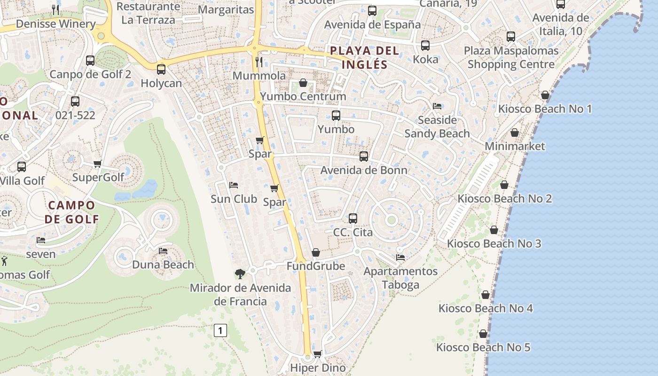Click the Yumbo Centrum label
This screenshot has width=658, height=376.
(x=303, y=96)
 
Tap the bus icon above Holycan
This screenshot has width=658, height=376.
(x=161, y=70)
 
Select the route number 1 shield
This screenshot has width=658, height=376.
(x=220, y=330)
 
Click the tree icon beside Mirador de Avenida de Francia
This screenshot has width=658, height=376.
(x=240, y=274)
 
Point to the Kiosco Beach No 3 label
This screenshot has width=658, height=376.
(x=493, y=243)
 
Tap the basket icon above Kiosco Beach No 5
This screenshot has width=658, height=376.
(x=483, y=334)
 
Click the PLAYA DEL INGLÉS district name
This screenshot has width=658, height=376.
(x=364, y=57)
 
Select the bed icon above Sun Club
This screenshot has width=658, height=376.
(x=233, y=185)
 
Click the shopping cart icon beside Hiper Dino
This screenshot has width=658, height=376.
(x=318, y=354)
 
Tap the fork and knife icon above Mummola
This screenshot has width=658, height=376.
(x=258, y=62)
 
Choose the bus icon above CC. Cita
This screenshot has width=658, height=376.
(x=353, y=219)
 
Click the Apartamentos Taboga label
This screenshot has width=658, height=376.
(x=400, y=278)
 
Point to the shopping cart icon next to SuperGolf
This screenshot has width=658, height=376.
(x=98, y=164)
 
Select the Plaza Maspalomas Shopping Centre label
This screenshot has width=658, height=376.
(x=511, y=57)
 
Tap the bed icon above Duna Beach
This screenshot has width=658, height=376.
(x=163, y=251)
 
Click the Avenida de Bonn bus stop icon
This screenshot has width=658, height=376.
(x=364, y=157)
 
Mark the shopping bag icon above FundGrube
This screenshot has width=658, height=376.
(x=316, y=253)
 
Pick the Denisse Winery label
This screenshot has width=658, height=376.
(x=55, y=23)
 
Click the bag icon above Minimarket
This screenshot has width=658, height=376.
(x=515, y=133)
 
